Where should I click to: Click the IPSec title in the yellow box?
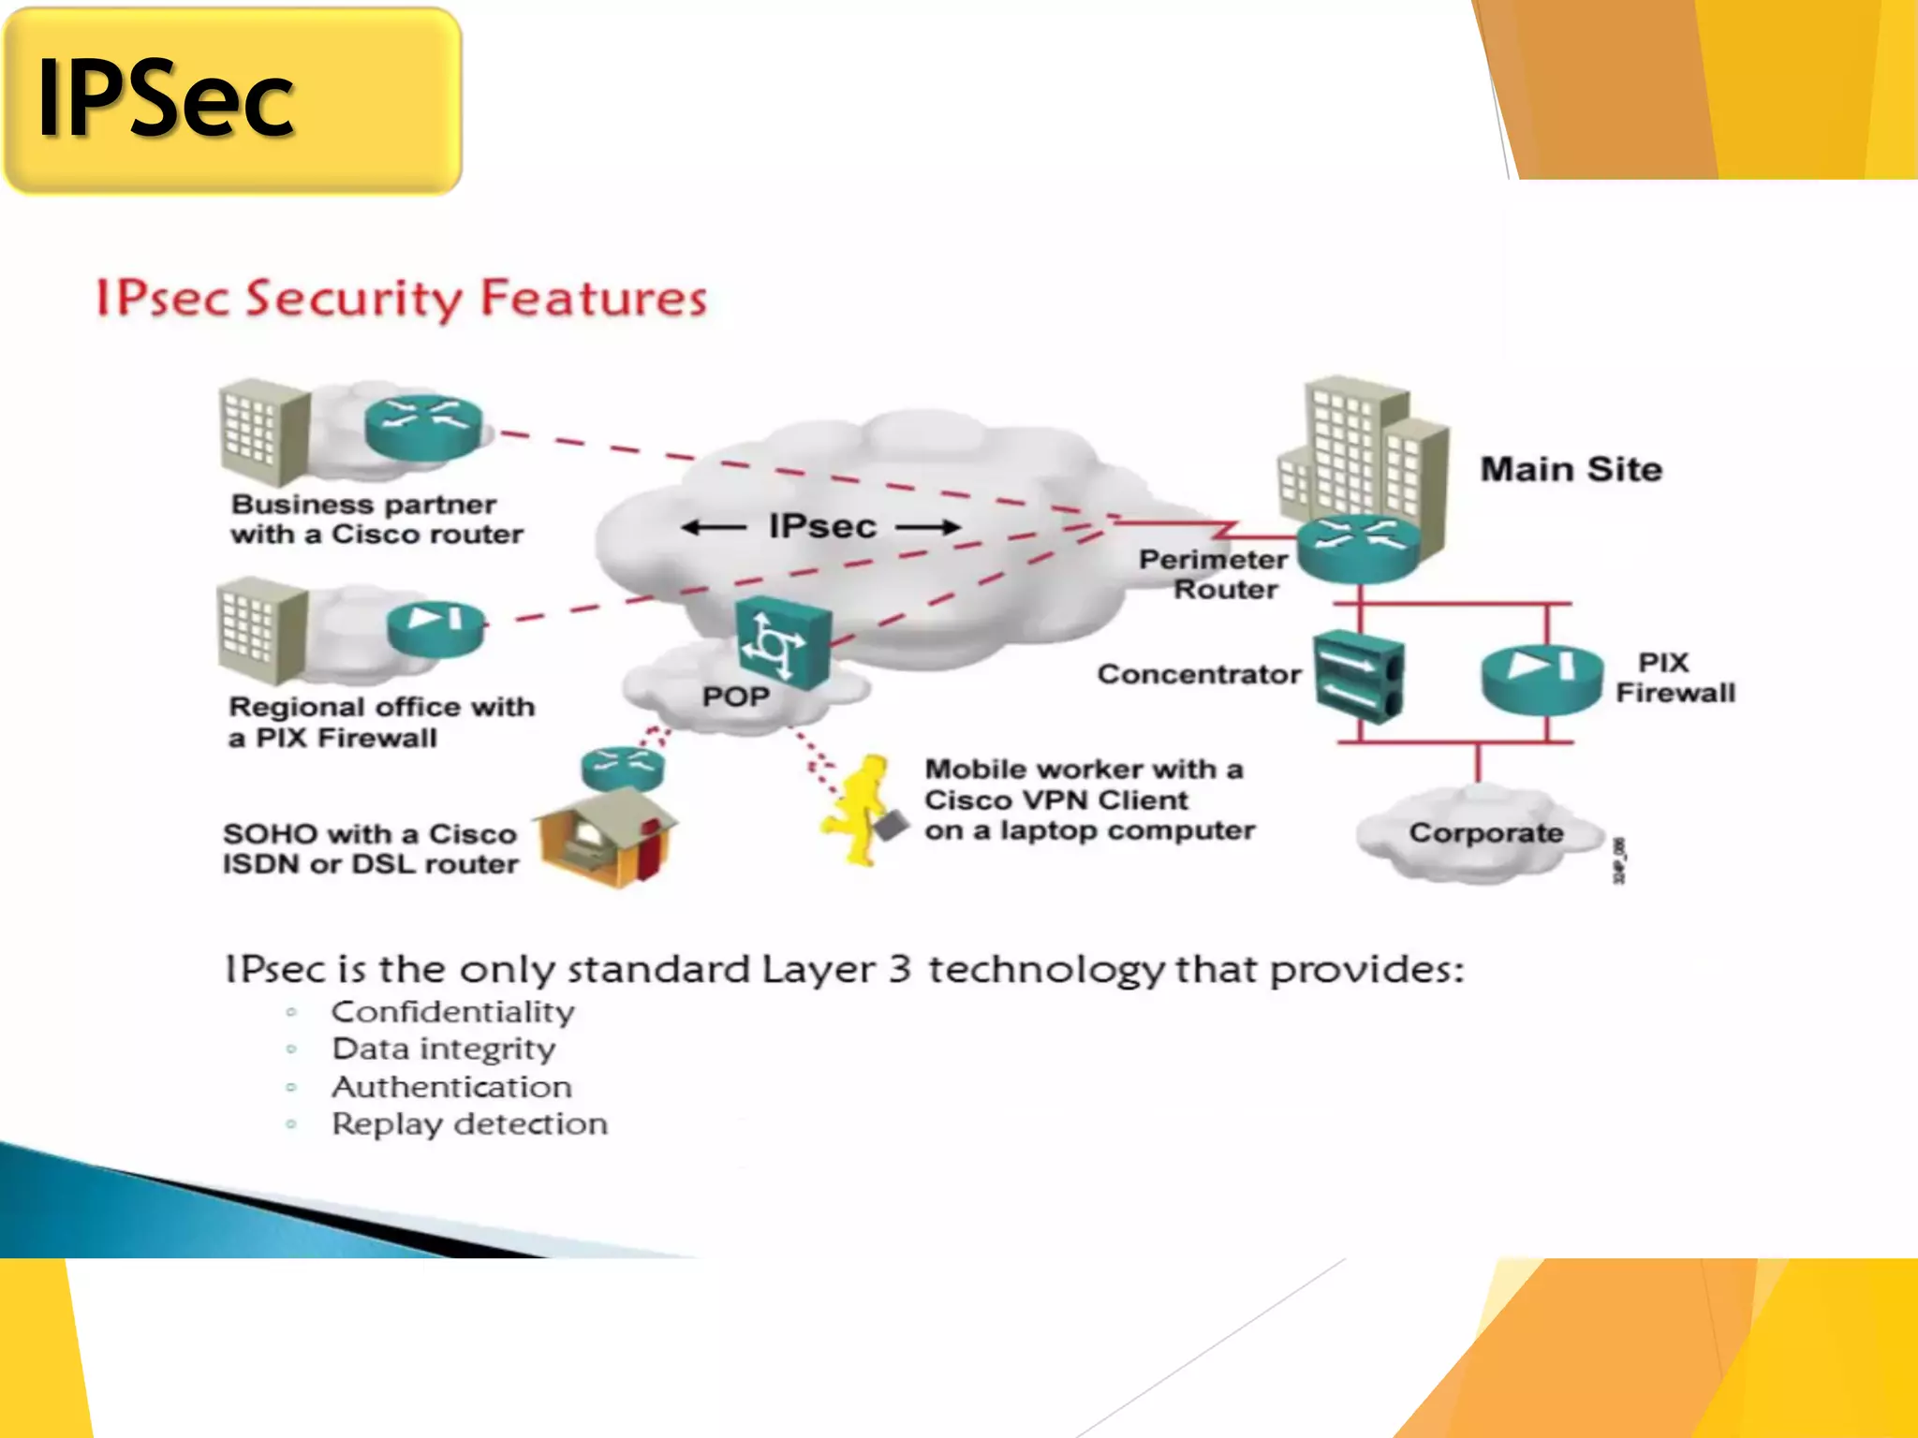click(166, 98)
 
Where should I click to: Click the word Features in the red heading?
click(593, 299)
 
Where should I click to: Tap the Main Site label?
click(1571, 469)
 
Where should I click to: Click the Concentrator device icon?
click(1358, 677)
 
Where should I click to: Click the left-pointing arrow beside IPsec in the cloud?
click(714, 527)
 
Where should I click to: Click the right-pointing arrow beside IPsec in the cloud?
click(927, 527)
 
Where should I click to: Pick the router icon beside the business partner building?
click(424, 426)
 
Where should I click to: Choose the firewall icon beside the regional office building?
click(435, 628)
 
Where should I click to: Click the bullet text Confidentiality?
click(453, 1012)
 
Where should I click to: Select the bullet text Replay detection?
click(469, 1123)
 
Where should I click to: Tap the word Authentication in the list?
click(451, 1087)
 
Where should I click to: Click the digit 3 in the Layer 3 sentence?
click(899, 969)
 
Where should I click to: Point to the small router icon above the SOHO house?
click(623, 768)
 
